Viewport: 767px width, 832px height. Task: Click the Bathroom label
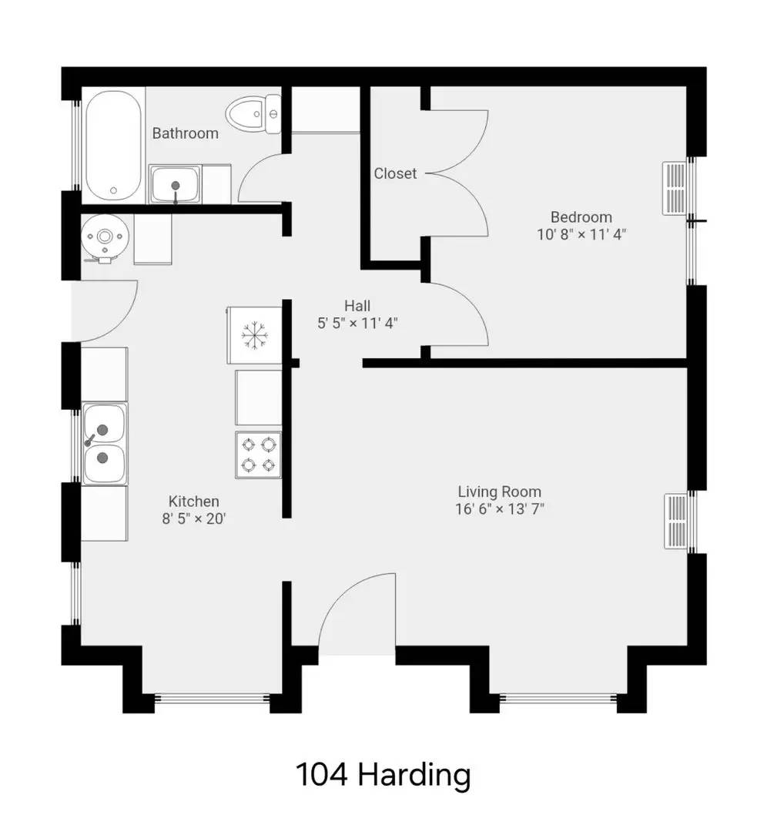click(x=185, y=133)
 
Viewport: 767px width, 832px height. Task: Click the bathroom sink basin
click(x=176, y=184)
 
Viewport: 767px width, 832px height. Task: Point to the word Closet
click(x=395, y=173)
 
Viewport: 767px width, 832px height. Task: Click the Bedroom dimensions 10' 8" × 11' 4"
click(x=581, y=234)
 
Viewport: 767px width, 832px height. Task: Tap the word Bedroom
click(x=581, y=217)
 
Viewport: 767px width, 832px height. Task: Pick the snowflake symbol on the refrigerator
click(x=253, y=334)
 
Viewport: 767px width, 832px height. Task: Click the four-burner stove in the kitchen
click(x=258, y=454)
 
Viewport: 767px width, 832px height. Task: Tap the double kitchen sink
click(x=104, y=444)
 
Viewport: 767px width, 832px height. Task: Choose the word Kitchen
click(x=193, y=502)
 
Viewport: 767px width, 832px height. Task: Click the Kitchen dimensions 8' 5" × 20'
click(x=193, y=518)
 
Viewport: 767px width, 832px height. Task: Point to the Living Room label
click(x=499, y=491)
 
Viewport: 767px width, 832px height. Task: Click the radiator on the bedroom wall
click(x=675, y=188)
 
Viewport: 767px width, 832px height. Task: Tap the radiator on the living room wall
click(x=675, y=522)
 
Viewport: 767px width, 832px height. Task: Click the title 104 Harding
click(x=383, y=774)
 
